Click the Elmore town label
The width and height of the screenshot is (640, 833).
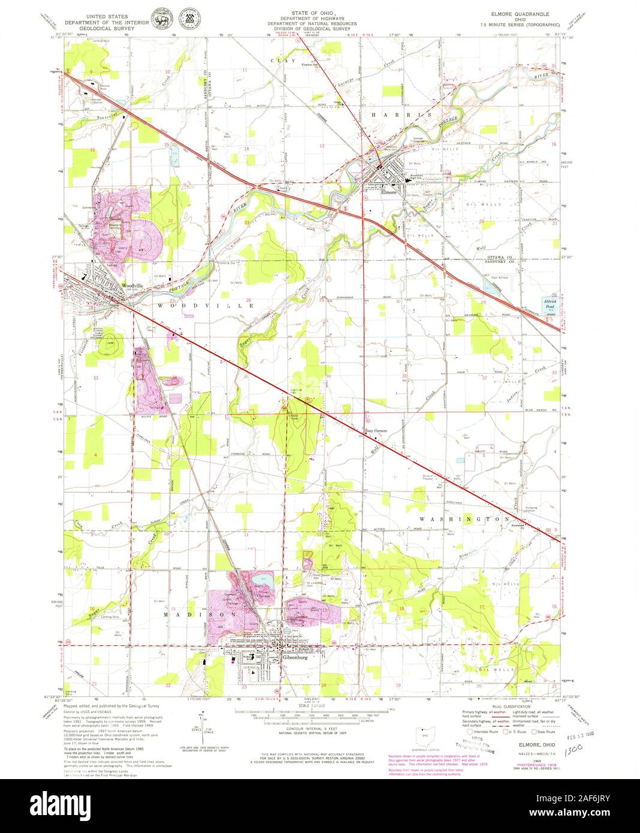click(x=389, y=192)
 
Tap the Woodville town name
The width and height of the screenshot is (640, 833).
click(x=131, y=286)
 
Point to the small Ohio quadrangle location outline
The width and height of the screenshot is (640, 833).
click(x=425, y=734)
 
